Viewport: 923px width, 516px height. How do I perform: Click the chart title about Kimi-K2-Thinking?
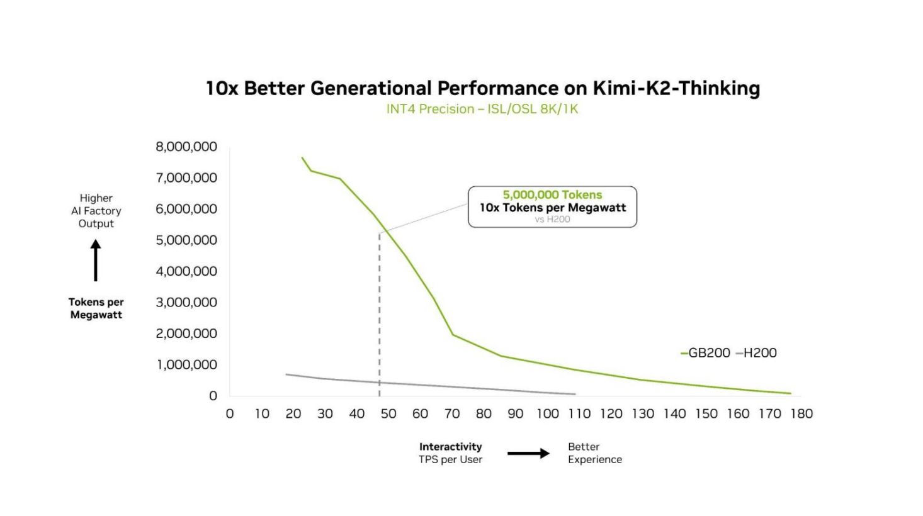483,89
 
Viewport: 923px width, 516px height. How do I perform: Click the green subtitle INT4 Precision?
482,109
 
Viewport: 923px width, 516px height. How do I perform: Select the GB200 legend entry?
705,353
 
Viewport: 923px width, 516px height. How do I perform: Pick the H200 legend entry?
757,353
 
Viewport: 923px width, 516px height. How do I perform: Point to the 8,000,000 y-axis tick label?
186,147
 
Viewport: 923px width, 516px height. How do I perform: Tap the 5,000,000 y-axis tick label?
186,240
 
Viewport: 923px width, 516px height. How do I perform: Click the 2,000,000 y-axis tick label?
186,334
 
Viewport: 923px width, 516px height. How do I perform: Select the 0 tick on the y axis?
213,396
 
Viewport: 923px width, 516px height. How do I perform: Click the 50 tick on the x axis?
388,414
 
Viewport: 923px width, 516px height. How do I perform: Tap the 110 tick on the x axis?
579,414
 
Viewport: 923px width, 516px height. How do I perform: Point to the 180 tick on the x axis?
801,414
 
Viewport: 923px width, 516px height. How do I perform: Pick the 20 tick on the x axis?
293,414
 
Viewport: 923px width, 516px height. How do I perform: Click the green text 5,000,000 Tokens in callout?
552,195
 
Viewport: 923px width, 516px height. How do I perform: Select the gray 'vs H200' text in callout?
552,219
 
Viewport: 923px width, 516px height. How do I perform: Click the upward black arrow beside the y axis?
96,261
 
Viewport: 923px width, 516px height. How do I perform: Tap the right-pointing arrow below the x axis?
529,454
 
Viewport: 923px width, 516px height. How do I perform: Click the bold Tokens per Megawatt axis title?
96,308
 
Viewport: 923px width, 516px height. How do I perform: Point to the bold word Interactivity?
450,447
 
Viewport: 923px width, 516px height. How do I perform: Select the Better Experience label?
594,453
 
